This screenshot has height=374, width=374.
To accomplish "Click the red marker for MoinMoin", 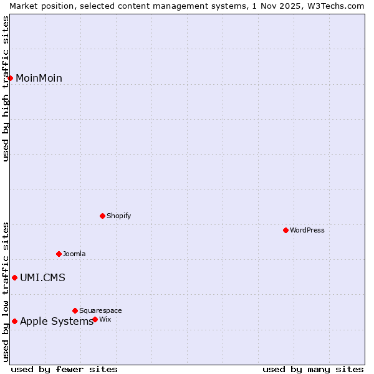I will (x=11, y=78).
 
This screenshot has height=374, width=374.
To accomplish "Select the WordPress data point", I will (x=285, y=230).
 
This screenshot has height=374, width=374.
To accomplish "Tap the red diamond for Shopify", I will (x=102, y=216).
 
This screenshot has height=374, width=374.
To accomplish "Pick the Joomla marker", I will (x=59, y=254).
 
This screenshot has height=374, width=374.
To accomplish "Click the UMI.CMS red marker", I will (x=14, y=277).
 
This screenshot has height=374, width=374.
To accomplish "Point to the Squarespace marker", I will (x=75, y=310).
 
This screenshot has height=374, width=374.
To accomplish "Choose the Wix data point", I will (x=95, y=319).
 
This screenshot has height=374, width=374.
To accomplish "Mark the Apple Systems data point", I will (x=14, y=321).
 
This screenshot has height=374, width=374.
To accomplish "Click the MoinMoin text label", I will (x=39, y=78).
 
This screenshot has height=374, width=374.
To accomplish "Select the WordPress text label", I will (x=307, y=230).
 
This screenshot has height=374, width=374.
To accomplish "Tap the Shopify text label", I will (x=118, y=216).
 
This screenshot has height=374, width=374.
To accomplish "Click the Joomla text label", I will (x=74, y=254).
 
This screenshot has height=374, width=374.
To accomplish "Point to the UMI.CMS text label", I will (x=42, y=277).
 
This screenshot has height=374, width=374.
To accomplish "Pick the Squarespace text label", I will (x=100, y=310).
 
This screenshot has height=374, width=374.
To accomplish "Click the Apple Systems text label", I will (x=56, y=321).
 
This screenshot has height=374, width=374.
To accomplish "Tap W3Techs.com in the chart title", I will (x=336, y=6).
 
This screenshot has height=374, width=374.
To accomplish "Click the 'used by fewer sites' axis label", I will (x=64, y=369).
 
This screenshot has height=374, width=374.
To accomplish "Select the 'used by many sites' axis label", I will (x=313, y=369).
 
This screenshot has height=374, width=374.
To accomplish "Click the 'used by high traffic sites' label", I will (x=6, y=89).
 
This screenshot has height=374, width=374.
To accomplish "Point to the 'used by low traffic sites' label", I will (x=6, y=292).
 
